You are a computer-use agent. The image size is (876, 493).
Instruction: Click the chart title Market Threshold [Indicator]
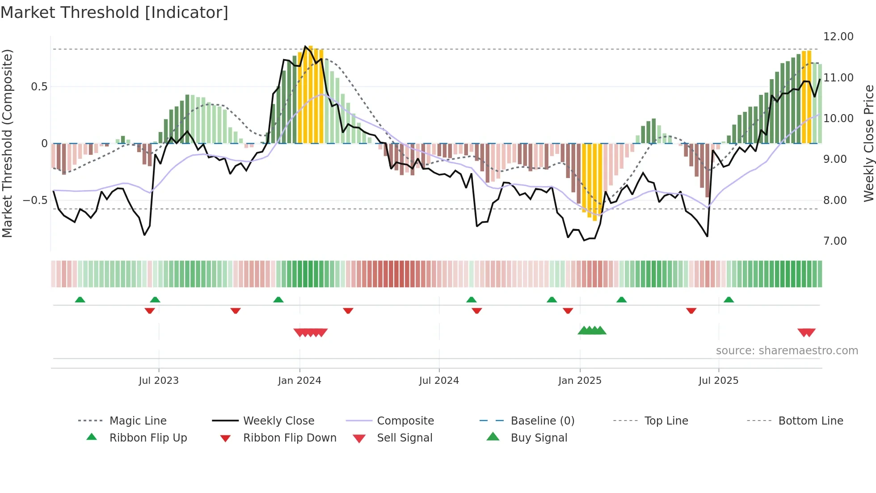click(114, 13)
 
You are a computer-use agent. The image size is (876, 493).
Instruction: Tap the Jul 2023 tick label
click(159, 381)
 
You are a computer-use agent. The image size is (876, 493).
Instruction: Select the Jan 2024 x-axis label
click(299, 381)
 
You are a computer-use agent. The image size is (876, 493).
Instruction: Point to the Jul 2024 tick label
click(439, 381)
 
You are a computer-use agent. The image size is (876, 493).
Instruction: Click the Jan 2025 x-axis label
click(580, 381)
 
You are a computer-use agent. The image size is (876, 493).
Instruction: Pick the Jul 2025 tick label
click(718, 381)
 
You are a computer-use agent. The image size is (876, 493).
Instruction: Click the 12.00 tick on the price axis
click(838, 37)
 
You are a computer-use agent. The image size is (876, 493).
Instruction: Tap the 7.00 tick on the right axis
click(835, 241)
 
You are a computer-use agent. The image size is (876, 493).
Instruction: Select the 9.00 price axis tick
click(835, 159)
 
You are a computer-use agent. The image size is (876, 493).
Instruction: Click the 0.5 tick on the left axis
click(39, 87)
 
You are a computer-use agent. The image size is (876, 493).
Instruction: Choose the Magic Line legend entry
click(138, 421)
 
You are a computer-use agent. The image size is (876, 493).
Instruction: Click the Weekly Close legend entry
click(278, 421)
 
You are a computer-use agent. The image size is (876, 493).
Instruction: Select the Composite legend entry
click(405, 421)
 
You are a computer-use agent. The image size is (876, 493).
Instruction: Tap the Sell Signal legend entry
click(404, 438)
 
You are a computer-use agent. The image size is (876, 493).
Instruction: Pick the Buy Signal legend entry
click(539, 438)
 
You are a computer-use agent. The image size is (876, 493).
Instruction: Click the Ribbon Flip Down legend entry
click(290, 438)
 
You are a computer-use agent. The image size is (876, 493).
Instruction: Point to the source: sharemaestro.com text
click(787, 351)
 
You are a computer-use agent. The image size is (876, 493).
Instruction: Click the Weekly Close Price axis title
click(868, 143)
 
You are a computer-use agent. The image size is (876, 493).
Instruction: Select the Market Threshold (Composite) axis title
click(7, 143)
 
